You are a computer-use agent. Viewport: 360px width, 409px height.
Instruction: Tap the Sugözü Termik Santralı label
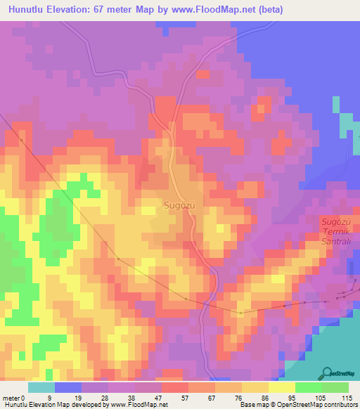click(335, 231)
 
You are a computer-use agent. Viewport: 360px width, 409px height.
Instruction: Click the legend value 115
click(347, 397)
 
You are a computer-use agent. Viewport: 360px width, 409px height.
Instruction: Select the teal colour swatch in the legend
click(41, 387)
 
